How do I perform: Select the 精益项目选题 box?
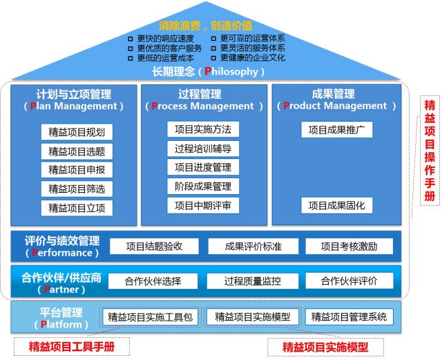77,151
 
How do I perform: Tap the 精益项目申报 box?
77,169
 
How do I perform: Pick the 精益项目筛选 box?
77,188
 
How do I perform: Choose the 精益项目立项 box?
77,207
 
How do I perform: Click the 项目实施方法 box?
202,129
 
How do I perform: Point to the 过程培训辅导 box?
202,148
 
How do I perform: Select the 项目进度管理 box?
202,167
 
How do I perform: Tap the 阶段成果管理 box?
202,186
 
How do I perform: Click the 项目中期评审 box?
202,205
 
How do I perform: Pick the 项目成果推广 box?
336,129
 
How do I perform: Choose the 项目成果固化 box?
336,205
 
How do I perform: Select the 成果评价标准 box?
252,246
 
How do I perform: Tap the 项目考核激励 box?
349,246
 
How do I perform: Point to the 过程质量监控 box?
252,281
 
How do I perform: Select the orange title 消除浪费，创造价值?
206,26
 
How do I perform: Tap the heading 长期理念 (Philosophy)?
206,72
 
